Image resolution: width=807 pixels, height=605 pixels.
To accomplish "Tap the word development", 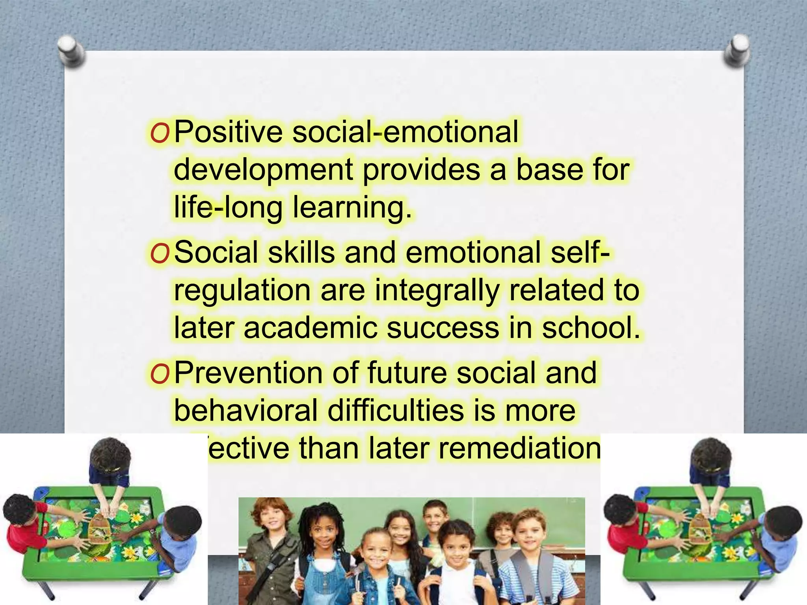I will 263,170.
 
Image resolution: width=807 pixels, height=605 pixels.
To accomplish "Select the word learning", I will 352,208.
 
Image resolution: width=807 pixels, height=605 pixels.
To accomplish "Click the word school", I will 591,328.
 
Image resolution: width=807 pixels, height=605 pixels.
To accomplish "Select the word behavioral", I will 246,410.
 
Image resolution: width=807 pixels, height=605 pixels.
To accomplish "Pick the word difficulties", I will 396,410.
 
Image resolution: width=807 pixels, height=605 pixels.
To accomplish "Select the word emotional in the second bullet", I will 473,252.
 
